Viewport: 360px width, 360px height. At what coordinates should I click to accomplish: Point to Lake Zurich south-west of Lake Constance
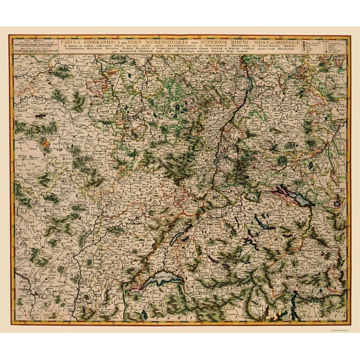click(261, 217)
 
